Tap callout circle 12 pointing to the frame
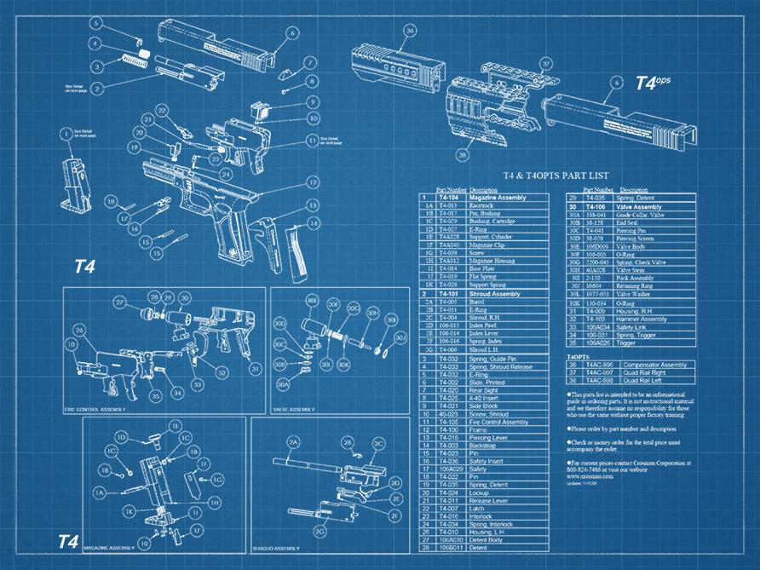tap(314, 183)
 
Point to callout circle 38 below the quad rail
tap(463, 155)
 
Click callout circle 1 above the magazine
tap(66, 133)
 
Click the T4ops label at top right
tap(653, 83)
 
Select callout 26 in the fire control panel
tap(80, 330)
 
